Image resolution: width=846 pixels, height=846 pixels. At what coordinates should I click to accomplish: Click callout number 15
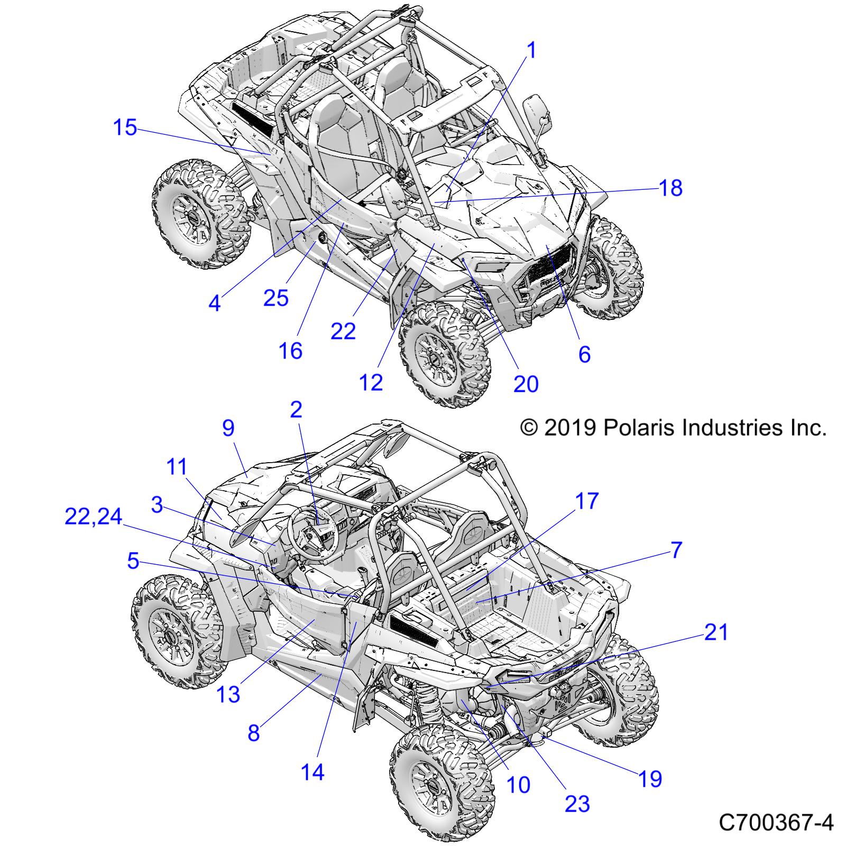pyautogui.click(x=125, y=128)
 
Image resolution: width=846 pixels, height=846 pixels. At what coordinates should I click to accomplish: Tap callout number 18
pyautogui.click(x=670, y=188)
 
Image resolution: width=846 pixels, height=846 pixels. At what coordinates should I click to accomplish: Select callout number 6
pyautogui.click(x=584, y=354)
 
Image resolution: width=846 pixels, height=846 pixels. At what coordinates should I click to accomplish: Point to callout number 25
pyautogui.click(x=275, y=298)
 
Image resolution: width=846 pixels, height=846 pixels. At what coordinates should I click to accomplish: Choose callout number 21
pyautogui.click(x=716, y=632)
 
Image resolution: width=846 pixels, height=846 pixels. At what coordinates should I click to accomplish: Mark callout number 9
pyautogui.click(x=228, y=428)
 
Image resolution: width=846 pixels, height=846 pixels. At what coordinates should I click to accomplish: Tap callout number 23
pyautogui.click(x=577, y=804)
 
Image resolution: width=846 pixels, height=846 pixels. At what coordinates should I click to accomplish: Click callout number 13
pyautogui.click(x=228, y=694)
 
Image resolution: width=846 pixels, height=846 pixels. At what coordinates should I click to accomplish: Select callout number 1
pyautogui.click(x=532, y=51)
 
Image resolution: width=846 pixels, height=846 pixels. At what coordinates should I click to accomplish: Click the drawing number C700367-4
pyautogui.click(x=776, y=823)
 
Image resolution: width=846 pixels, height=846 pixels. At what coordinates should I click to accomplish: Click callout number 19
pyautogui.click(x=650, y=779)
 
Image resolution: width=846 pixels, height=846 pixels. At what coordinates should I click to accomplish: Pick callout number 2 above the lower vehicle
pyautogui.click(x=296, y=409)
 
